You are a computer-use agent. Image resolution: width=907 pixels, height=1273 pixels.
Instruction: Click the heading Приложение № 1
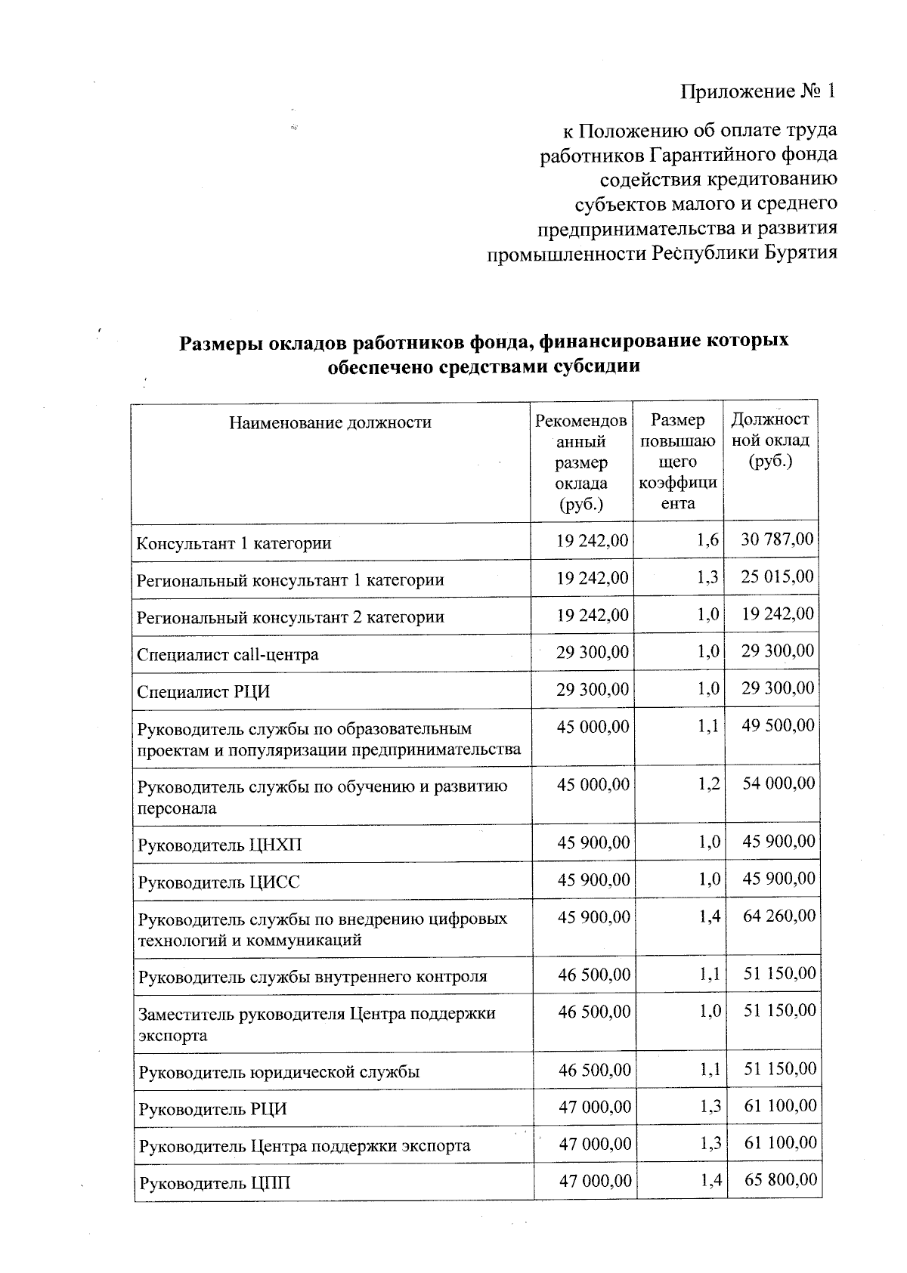tap(758, 92)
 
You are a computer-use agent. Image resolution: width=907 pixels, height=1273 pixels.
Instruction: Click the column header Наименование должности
tap(330, 422)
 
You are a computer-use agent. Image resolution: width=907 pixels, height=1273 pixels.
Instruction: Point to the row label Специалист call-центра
tap(228, 654)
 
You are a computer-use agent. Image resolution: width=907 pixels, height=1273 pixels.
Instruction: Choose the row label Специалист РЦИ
tap(203, 692)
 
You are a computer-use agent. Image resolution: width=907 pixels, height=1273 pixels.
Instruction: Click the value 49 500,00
tap(778, 725)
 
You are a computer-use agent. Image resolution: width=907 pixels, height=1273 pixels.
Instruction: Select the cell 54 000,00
tap(779, 783)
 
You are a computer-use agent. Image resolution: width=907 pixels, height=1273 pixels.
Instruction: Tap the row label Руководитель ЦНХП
tap(219, 845)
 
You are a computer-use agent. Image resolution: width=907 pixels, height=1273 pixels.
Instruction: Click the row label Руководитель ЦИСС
tap(218, 882)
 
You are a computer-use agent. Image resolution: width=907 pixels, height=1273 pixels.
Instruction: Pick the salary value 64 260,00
tap(779, 916)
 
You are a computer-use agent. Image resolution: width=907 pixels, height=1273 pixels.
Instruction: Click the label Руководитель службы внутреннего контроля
tap(313, 977)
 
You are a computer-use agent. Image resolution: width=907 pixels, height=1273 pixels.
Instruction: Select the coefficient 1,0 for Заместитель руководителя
tap(710, 1011)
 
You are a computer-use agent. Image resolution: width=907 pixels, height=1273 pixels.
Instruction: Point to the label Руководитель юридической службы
tap(279, 1072)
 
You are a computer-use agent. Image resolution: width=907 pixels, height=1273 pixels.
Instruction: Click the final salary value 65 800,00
tap(780, 1179)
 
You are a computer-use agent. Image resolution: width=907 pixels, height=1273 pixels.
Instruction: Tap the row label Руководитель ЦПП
tap(214, 1183)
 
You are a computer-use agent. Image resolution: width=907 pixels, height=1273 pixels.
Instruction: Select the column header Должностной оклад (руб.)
tap(770, 440)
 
